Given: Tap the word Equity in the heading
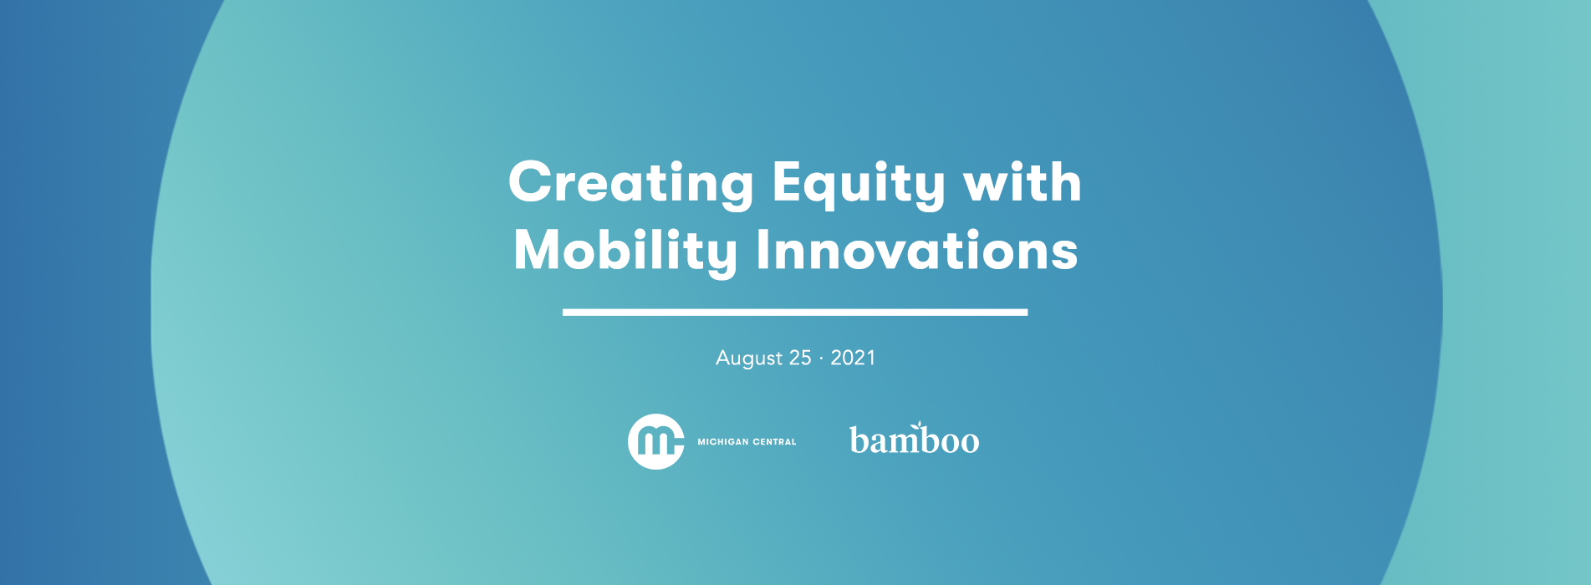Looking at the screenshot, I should pos(858,182).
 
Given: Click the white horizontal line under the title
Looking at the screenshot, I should pos(794,313).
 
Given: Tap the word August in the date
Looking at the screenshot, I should pos(749,359).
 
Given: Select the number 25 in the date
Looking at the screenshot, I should pos(800,358).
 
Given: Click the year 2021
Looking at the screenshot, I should pos(853,358).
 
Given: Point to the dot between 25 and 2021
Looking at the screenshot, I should pos(821,359).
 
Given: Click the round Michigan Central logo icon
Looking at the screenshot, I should pos(655,441).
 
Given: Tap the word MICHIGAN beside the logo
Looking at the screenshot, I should pos(723,442).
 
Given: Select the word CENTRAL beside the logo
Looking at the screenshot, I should pos(775,442).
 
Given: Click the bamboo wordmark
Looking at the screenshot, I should pos(914,440).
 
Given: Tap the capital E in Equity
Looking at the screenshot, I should pos(786,182).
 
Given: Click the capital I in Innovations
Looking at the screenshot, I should pos(762,251).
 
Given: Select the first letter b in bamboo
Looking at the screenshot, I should pos(859,440).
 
